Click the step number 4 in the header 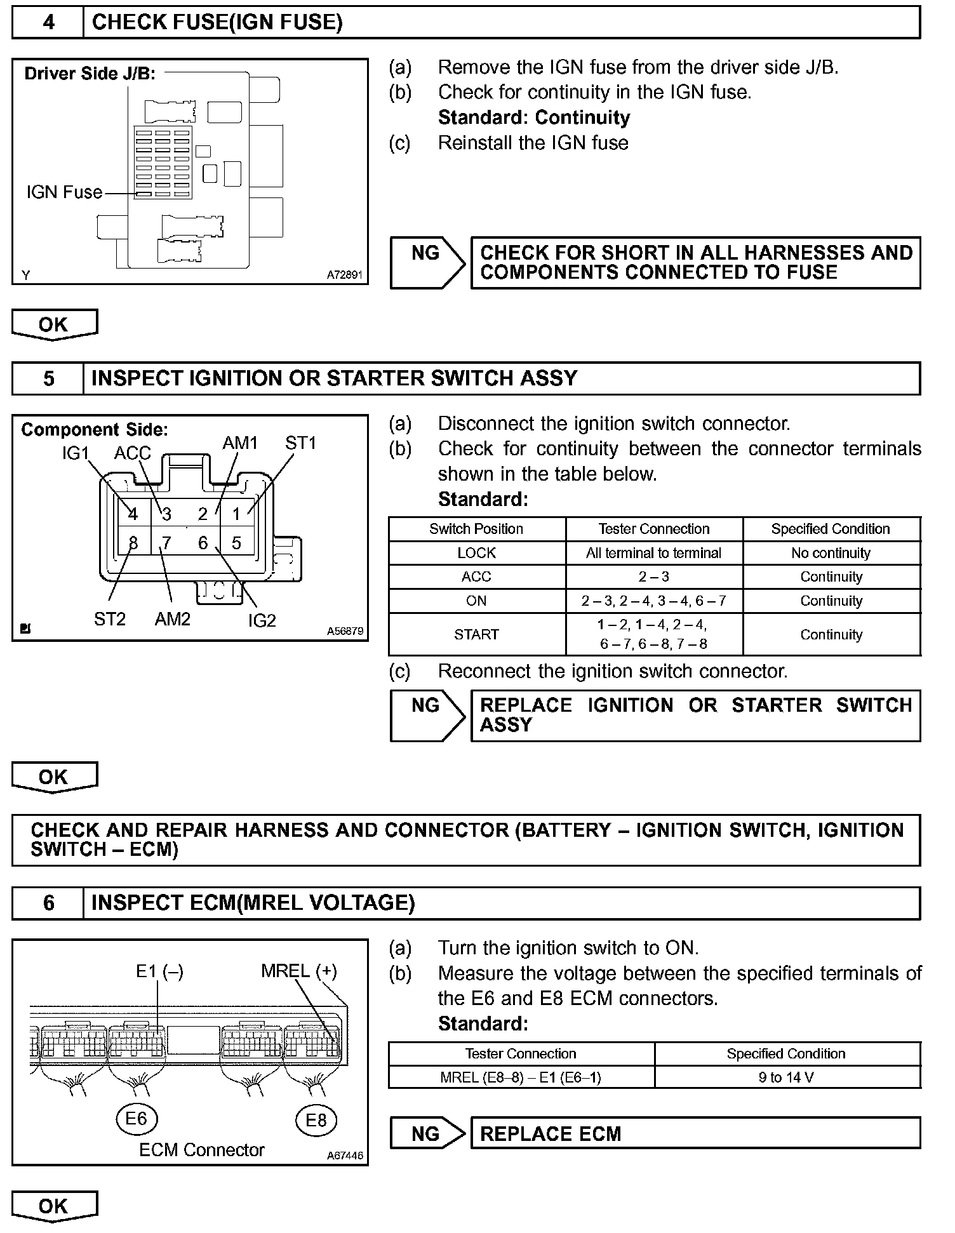tap(48, 23)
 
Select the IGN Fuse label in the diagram tap(64, 192)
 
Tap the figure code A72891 tap(345, 275)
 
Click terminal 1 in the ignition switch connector tap(236, 514)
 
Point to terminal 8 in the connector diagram tap(133, 543)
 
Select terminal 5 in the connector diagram tap(236, 543)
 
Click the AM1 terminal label tap(240, 443)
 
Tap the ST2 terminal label tap(110, 618)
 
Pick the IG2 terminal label tap(262, 620)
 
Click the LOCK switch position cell tap(476, 553)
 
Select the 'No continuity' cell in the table tap(831, 553)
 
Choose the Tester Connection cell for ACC tap(653, 577)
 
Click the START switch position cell tap(476, 634)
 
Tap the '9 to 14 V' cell tap(786, 1077)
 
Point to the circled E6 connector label tap(137, 1118)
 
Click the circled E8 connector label tap(316, 1119)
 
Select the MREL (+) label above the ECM tap(298, 971)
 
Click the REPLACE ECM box tap(695, 1134)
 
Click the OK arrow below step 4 tap(54, 324)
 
